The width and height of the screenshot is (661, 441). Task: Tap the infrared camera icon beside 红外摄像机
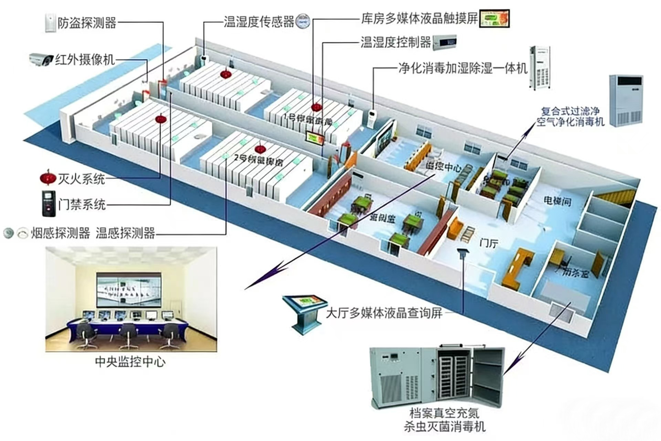[41, 60]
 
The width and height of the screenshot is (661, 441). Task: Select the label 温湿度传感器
[259, 21]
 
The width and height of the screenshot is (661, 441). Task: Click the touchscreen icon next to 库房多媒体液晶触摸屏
[494, 18]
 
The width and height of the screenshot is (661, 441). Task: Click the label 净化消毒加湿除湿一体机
[463, 68]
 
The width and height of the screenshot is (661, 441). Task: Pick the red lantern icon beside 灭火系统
[48, 178]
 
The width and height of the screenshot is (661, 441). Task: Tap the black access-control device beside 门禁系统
[49, 204]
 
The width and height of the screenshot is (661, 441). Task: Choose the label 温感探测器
[125, 233]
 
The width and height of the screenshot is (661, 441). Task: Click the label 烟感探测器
[60, 233]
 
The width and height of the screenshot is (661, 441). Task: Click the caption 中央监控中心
[130, 362]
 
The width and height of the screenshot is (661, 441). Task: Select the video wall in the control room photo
[129, 290]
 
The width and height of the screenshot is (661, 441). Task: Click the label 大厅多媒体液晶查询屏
[384, 313]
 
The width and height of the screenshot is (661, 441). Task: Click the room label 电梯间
[557, 201]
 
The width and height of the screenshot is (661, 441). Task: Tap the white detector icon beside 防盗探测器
[50, 23]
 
